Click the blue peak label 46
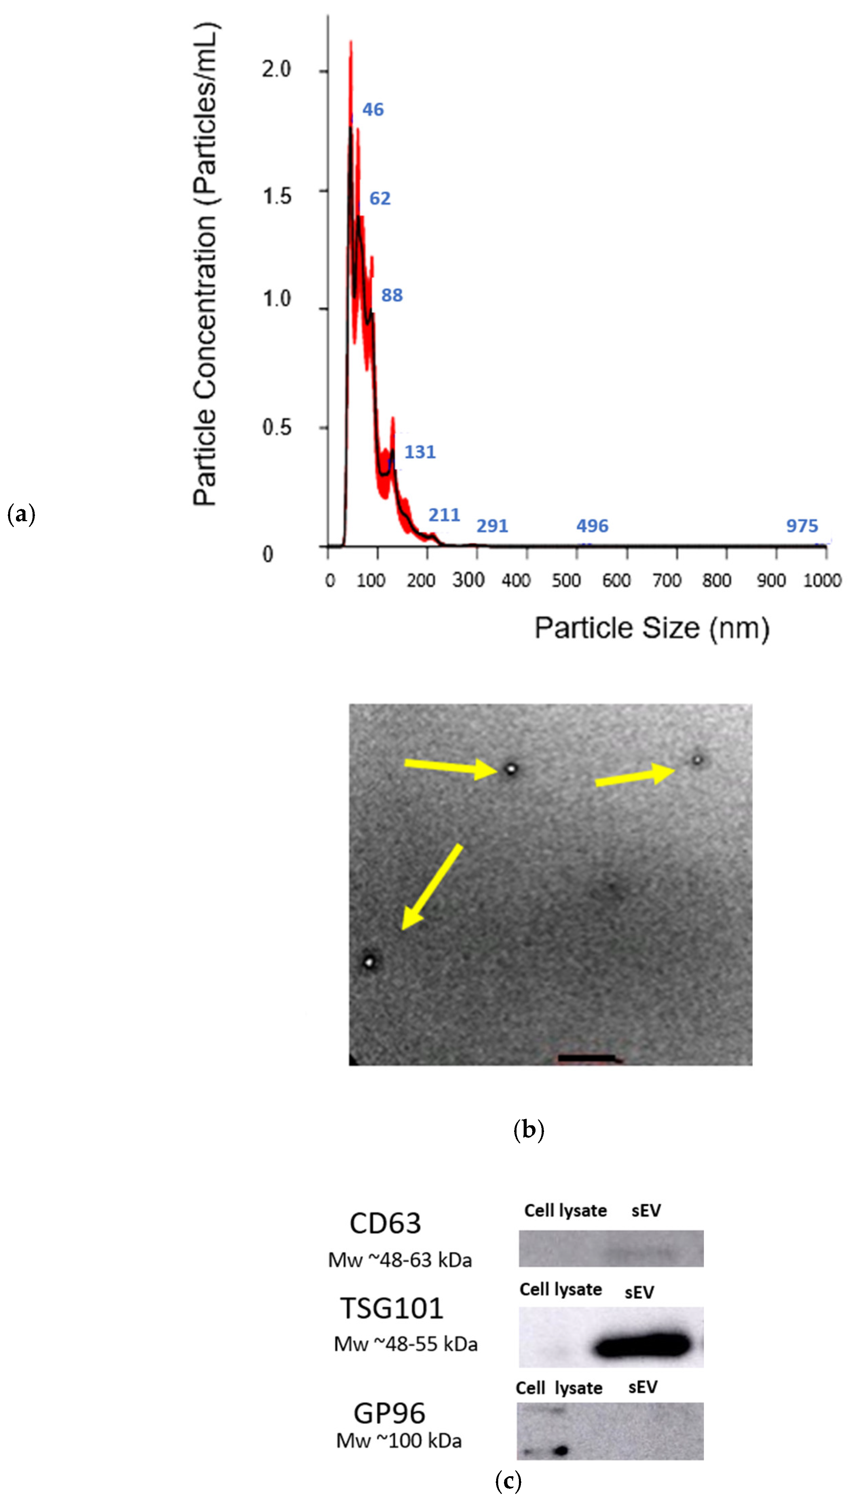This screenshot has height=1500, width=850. click(x=373, y=110)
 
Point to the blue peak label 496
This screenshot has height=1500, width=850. click(x=592, y=526)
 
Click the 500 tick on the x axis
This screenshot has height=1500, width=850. click(x=566, y=580)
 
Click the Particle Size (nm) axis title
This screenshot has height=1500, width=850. click(x=652, y=628)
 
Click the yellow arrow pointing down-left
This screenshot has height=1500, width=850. click(x=432, y=886)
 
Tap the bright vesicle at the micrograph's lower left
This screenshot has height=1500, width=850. click(x=369, y=961)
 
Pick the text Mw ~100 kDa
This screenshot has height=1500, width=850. click(x=399, y=1441)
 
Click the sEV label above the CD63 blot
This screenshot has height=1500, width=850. click(x=646, y=1211)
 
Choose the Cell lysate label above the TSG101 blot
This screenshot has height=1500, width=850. click(x=560, y=1289)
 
